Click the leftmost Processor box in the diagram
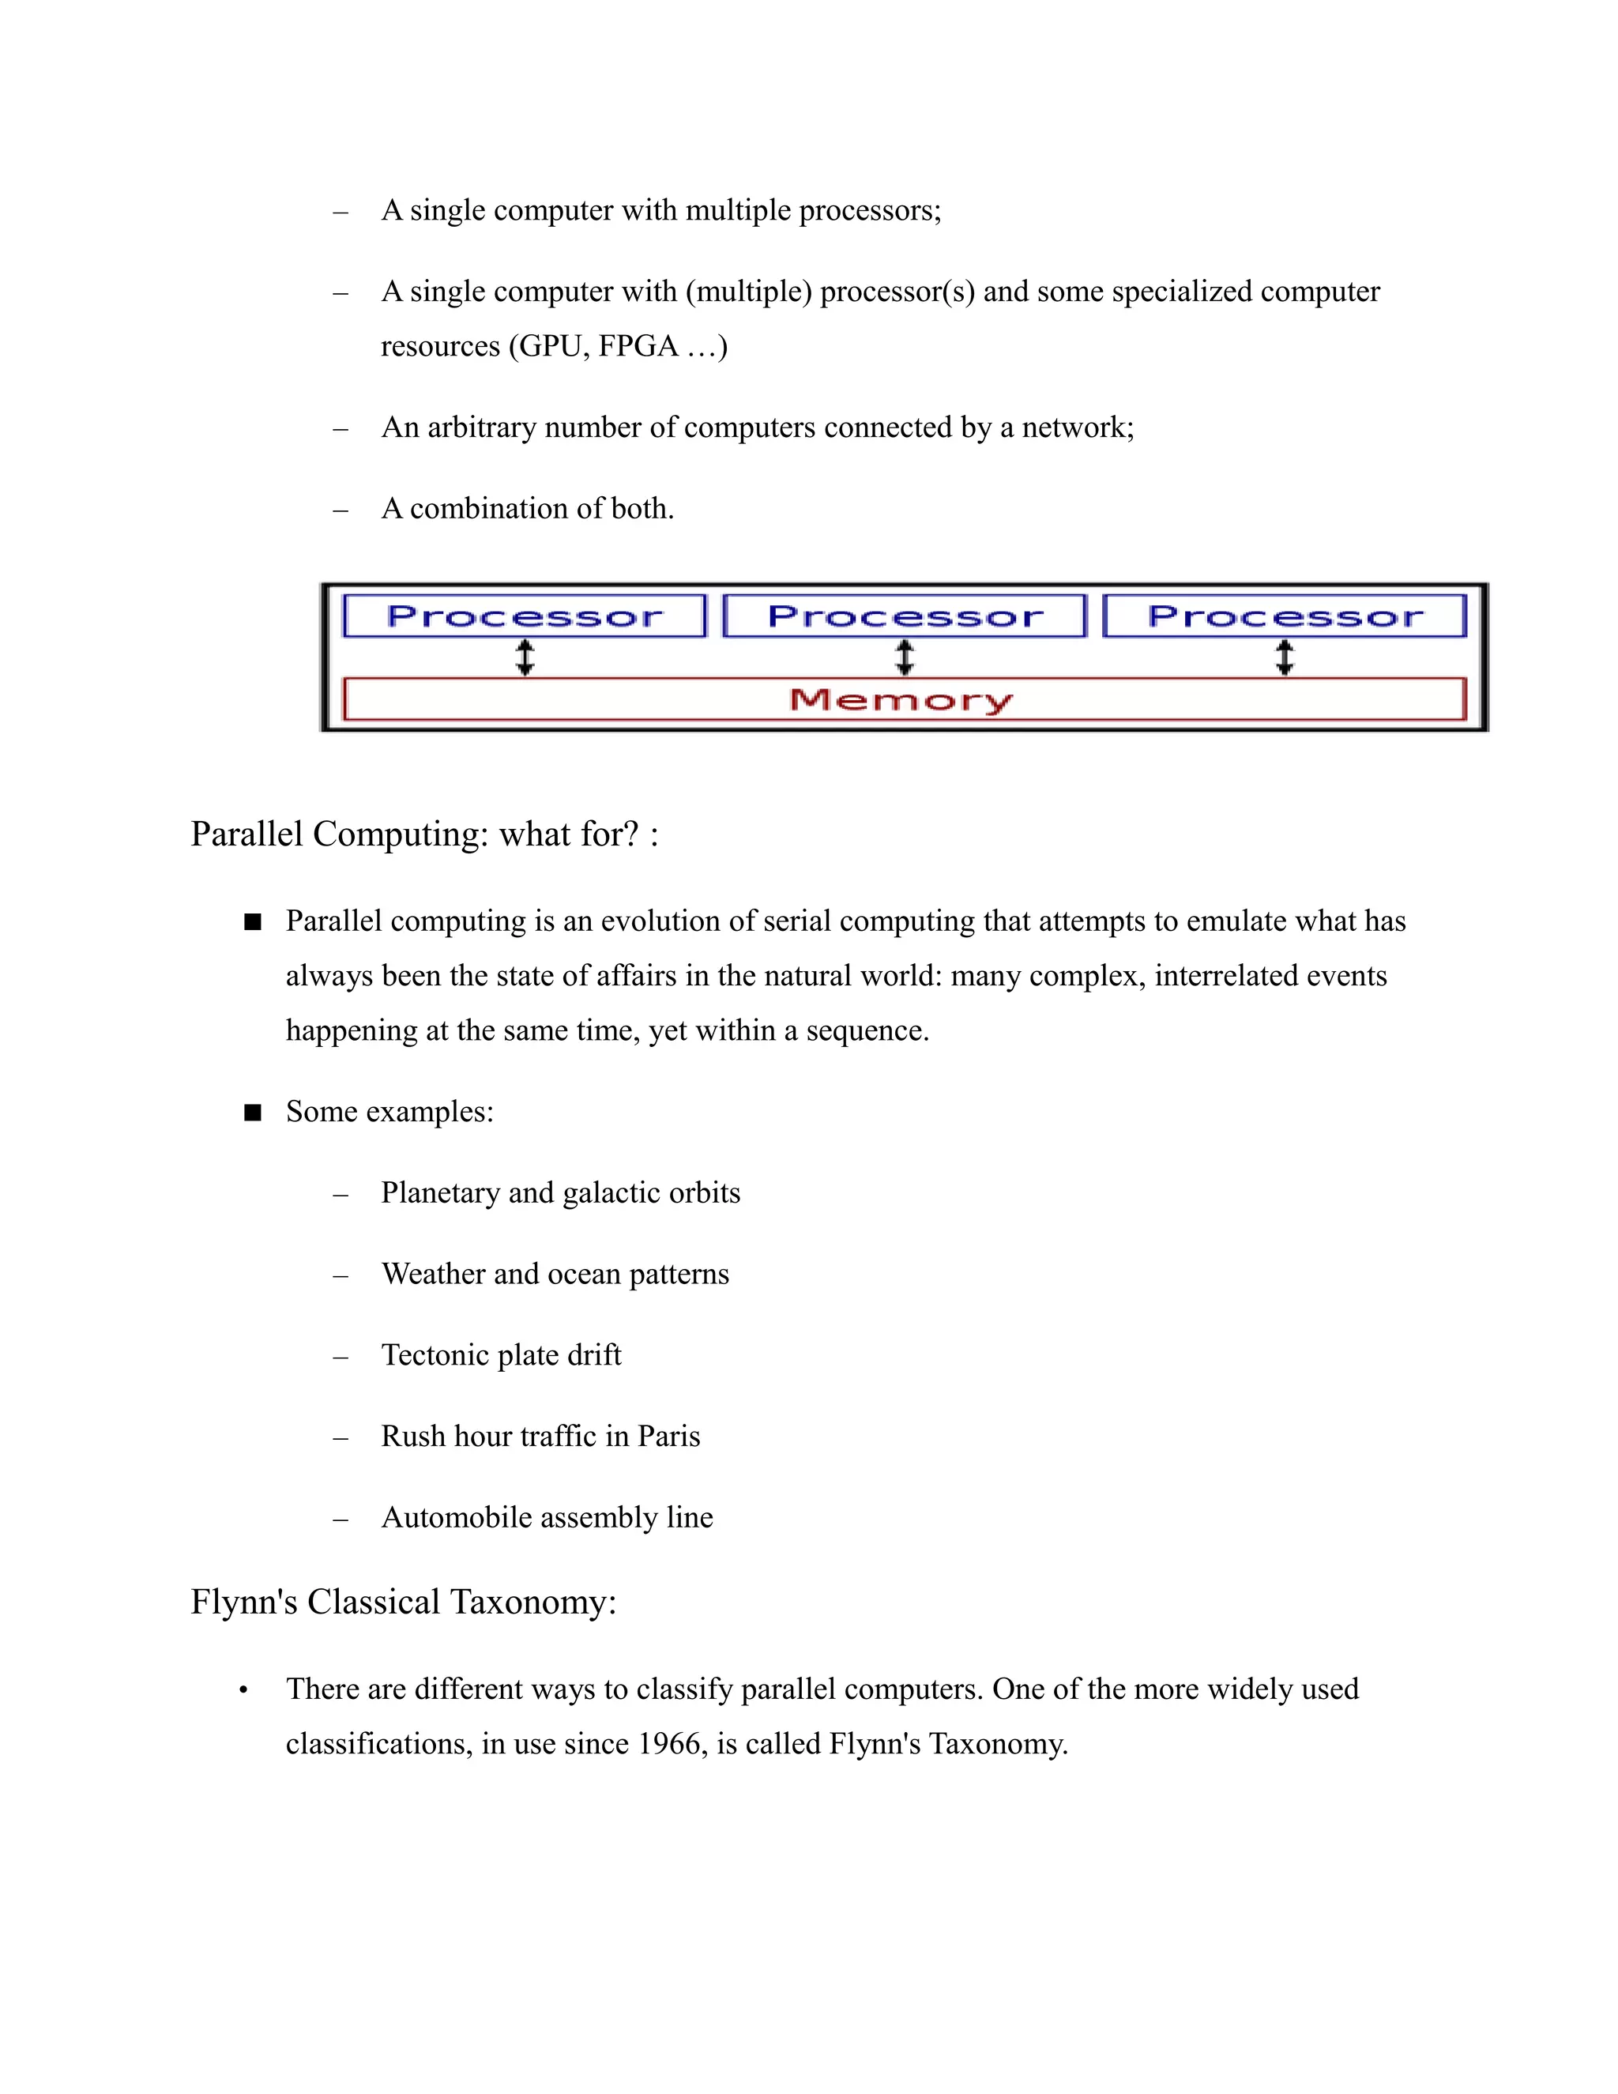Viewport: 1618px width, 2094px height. pyautogui.click(x=525, y=616)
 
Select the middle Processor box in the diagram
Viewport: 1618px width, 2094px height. pyautogui.click(x=904, y=616)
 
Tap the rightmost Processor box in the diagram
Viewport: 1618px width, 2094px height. pyautogui.click(x=1285, y=616)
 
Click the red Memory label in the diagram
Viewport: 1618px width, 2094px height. pyautogui.click(x=901, y=700)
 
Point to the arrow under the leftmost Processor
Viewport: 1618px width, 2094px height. pyautogui.click(x=525, y=657)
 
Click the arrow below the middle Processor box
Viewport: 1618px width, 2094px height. pyautogui.click(x=904, y=657)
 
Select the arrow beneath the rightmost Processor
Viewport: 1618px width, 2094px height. pyautogui.click(x=1285, y=657)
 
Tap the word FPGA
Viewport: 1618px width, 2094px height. pyautogui.click(x=638, y=346)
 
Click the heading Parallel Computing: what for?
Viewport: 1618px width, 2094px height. pyautogui.click(x=423, y=834)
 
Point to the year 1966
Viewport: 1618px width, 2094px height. pyautogui.click(x=668, y=1743)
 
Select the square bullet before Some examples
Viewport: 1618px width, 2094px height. pyautogui.click(x=253, y=1113)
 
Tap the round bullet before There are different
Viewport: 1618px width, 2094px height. pyautogui.click(x=244, y=1690)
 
